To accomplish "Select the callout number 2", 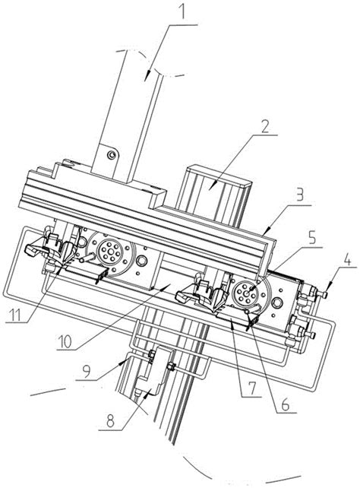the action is tap(264, 127).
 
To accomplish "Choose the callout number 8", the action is tap(110, 422).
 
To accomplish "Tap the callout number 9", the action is tap(86, 372).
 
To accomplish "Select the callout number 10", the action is tap(65, 342).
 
